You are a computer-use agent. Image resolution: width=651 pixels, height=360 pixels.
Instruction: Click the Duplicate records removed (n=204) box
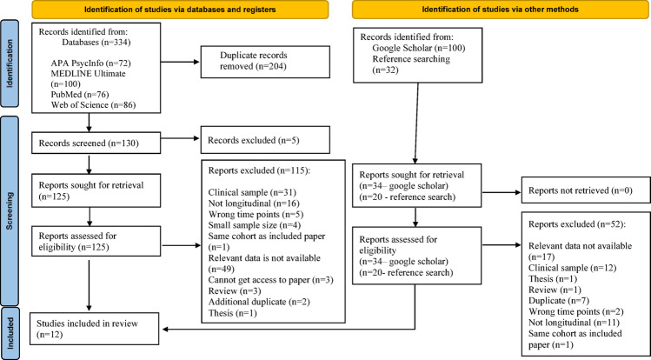265,62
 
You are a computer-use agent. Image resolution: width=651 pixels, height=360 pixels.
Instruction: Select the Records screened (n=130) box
96,143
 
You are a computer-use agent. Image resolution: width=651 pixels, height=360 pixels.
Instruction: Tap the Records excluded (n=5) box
265,140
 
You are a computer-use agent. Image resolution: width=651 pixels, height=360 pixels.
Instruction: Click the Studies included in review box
96,329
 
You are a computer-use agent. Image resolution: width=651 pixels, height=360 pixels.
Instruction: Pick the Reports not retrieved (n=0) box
584,192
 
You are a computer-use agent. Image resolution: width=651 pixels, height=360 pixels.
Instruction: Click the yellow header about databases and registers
180,10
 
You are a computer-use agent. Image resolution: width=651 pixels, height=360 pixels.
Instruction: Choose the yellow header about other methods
500,10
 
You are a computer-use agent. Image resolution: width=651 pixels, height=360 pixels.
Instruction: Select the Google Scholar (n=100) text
419,48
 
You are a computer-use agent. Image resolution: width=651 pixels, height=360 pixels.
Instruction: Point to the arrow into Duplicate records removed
181,63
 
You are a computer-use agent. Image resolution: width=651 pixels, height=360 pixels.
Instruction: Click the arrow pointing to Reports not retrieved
502,192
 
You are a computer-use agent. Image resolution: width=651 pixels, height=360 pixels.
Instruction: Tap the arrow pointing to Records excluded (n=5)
181,140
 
